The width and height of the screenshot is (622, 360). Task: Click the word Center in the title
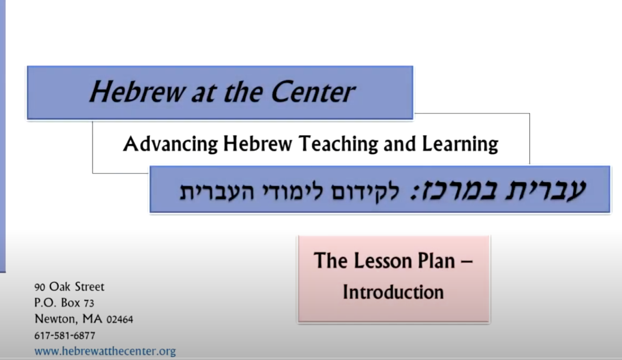pos(313,92)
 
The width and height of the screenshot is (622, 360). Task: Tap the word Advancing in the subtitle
pos(170,144)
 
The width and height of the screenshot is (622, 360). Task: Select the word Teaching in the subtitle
pos(338,144)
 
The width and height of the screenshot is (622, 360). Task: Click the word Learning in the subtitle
pos(460,144)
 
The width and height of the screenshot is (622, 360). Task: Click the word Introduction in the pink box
pos(393,292)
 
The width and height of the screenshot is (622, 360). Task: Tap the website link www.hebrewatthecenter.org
pos(105,351)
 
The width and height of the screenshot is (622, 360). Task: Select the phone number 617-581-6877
pos(65,336)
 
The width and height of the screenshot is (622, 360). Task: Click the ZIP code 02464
pos(119,319)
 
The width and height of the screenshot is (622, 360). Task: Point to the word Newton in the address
pos(56,319)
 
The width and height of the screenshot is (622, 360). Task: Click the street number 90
pos(39,287)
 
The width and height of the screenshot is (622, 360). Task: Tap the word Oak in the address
pos(60,287)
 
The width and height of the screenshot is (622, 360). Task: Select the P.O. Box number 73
pos(89,303)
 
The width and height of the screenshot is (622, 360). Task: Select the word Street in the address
pos(90,287)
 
